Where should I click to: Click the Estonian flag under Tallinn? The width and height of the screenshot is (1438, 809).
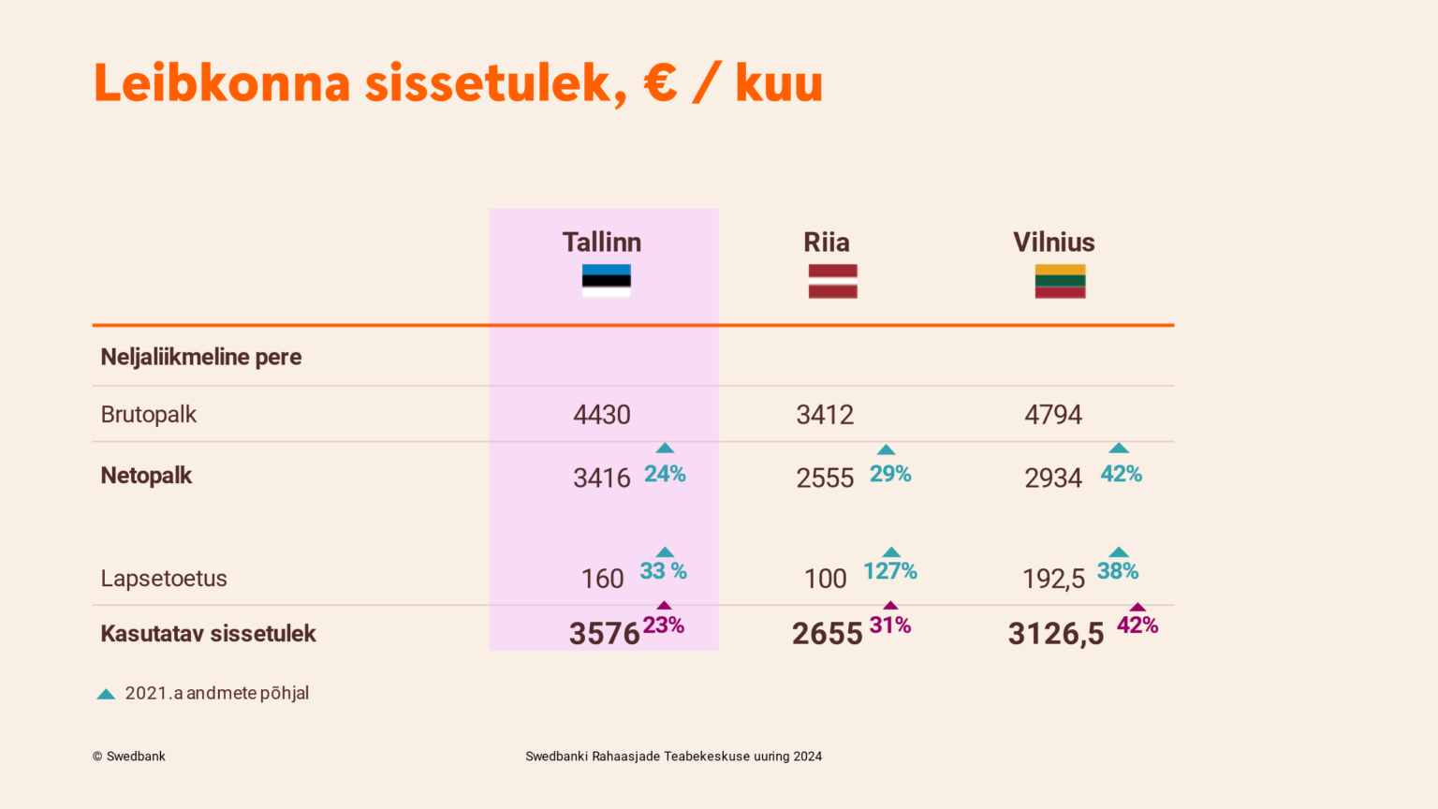[606, 281]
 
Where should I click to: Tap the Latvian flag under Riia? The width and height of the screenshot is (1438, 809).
[832, 281]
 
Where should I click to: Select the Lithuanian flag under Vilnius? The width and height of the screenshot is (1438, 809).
[1060, 281]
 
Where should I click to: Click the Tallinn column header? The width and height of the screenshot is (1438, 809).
[602, 243]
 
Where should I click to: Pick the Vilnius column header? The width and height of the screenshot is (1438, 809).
[1053, 243]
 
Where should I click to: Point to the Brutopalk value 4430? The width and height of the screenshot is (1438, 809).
[602, 415]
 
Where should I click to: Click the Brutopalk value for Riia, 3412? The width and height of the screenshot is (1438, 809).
[825, 415]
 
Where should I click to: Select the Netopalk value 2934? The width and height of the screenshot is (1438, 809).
[1053, 478]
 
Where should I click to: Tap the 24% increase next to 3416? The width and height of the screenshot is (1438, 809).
[665, 474]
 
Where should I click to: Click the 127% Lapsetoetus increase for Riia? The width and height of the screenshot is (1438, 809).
[889, 571]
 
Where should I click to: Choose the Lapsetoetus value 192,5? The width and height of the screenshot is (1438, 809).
[1053, 580]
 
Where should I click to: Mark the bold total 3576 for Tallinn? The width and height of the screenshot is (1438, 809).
[604, 634]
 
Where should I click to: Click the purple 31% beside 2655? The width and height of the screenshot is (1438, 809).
[889, 625]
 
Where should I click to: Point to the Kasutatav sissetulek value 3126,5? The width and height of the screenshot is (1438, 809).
[1055, 634]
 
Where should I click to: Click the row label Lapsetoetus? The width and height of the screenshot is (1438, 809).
[164, 578]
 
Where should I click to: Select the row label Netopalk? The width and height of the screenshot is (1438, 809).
[146, 476]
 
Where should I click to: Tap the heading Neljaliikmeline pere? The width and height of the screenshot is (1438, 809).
[201, 357]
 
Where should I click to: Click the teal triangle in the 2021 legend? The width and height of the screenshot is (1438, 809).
[106, 694]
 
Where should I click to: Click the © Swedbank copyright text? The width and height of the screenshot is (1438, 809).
[128, 757]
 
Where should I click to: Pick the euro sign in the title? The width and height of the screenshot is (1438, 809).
[660, 82]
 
